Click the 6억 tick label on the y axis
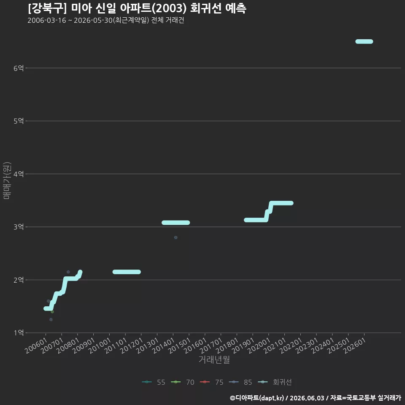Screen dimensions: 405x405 coord(19,68)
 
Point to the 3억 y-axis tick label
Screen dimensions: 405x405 coord(19,227)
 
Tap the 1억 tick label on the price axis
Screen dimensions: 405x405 coord(19,333)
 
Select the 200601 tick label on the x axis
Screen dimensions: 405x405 coord(36,346)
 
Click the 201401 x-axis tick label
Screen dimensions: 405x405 coord(163,346)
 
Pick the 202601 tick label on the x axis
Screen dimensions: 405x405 coord(354,346)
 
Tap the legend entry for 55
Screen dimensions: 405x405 coord(154,382)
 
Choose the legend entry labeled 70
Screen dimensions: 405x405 coord(183,382)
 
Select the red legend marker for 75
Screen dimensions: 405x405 coord(205,382)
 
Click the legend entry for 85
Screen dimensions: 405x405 coord(240,382)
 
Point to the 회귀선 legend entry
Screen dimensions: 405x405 coord(275,382)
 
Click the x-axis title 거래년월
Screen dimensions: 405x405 coord(214,359)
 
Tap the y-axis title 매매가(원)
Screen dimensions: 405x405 coord(7,181)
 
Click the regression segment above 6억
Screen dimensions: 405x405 coord(364,42)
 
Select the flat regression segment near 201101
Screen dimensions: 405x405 coord(127,272)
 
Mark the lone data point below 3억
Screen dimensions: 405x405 coord(175,238)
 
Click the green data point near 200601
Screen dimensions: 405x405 coord(52,312)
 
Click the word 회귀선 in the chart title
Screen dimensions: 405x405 coord(205,8)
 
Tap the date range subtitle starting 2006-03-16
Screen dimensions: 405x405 coord(106,20)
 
